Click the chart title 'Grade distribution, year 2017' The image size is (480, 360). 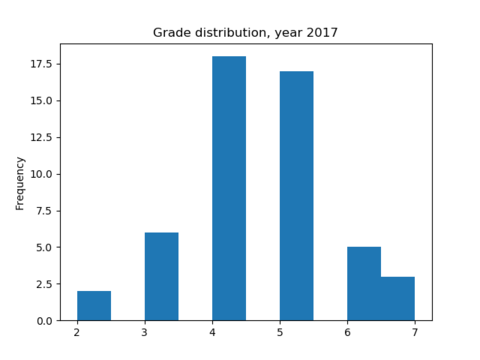[245, 33]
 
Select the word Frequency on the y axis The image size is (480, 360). [20, 182]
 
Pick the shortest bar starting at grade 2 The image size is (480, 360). [94, 306]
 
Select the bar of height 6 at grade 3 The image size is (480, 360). [161, 277]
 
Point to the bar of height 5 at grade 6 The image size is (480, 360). [364, 284]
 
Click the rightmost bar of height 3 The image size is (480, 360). [398, 299]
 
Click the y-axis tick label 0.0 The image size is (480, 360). [44, 321]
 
